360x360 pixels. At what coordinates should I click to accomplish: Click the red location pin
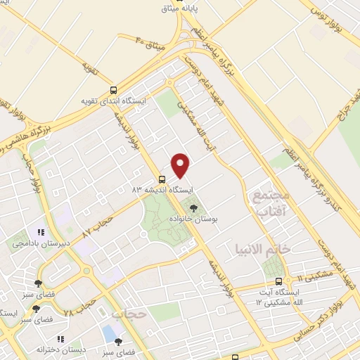[x=181, y=165]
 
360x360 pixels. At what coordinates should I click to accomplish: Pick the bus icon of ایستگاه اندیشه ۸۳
[x=162, y=179]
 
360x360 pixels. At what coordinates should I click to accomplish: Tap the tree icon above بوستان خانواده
[x=194, y=207]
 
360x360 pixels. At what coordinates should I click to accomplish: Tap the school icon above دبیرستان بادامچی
[x=41, y=231]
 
